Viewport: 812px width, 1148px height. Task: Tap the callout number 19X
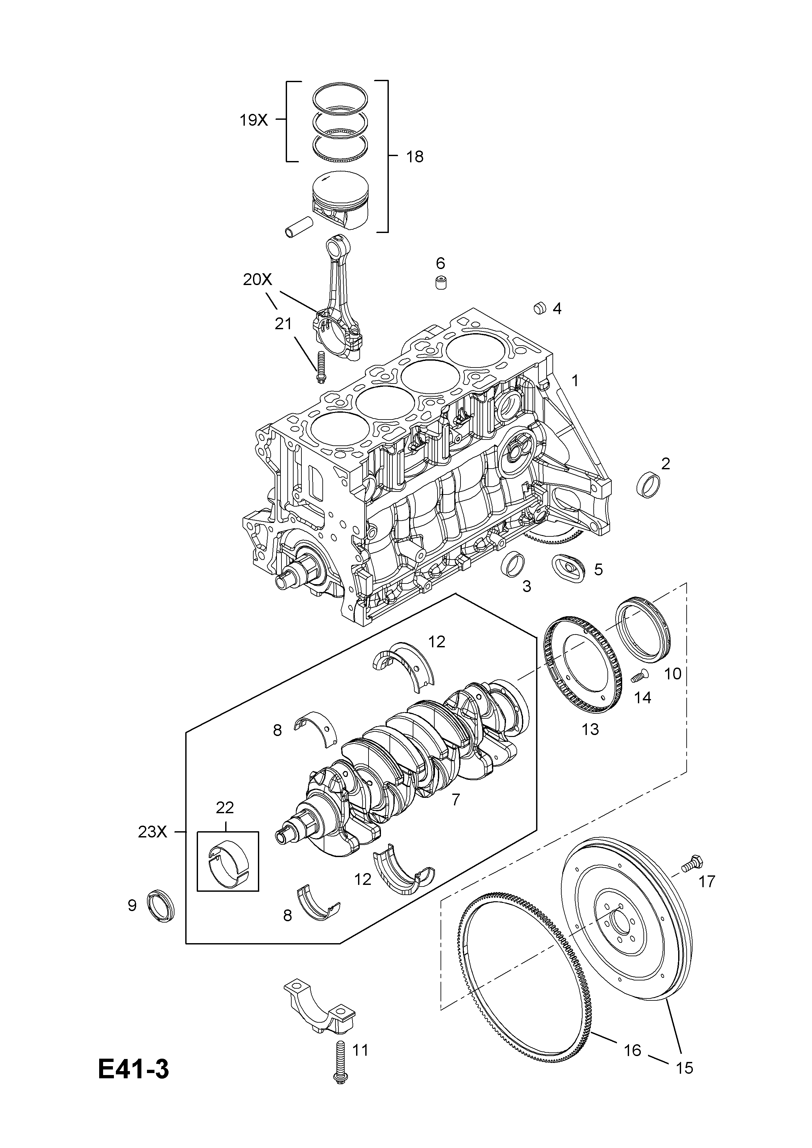tap(254, 120)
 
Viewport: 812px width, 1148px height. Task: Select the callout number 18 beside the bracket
tap(414, 157)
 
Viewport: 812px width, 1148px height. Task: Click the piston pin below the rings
tap(298, 226)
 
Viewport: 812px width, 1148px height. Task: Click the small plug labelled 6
tap(440, 282)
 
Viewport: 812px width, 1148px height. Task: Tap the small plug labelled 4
tap(539, 308)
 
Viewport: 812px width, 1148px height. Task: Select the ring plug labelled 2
tap(648, 483)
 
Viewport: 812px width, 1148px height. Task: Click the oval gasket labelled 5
tap(568, 567)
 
